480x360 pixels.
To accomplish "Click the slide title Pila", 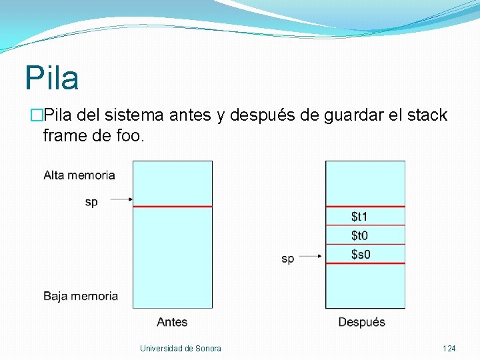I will pyautogui.click(x=52, y=78).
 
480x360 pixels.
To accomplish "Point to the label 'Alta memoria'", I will pyautogui.click(x=79, y=175).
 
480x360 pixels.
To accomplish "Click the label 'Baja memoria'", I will pyautogui.click(x=81, y=296).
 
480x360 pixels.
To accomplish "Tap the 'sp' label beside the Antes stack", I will pyautogui.click(x=91, y=202).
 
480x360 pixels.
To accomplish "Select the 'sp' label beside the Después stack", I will pyautogui.click(x=287, y=259).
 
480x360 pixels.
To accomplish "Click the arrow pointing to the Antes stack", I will pyautogui.click(x=120, y=199).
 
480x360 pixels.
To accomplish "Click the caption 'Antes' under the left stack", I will pyautogui.click(x=172, y=322).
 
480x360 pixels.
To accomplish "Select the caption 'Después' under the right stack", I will pyautogui.click(x=362, y=322).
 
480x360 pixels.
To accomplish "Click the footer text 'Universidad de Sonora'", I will pyautogui.click(x=181, y=349).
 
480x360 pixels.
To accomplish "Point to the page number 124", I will pyautogui.click(x=449, y=349).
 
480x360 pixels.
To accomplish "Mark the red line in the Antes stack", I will pyautogui.click(x=172, y=207).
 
